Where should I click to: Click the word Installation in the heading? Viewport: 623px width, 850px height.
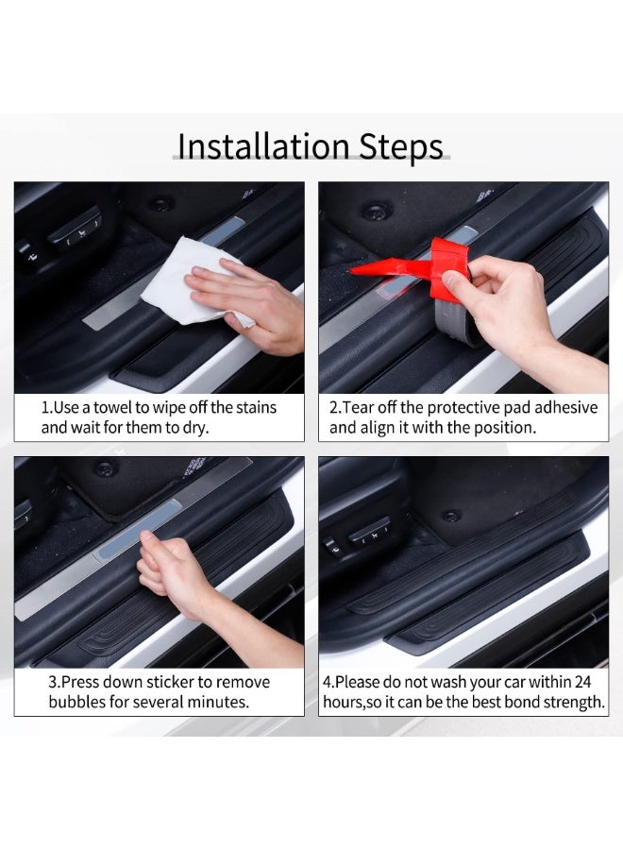tap(263, 145)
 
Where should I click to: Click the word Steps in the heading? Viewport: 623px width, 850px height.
tap(401, 147)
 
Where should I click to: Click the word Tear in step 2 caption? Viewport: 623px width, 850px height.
tap(358, 407)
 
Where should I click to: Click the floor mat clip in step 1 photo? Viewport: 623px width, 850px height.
tap(161, 204)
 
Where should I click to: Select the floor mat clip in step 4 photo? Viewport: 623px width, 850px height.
tap(450, 516)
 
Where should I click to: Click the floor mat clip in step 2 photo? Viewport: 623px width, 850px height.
tap(377, 210)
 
